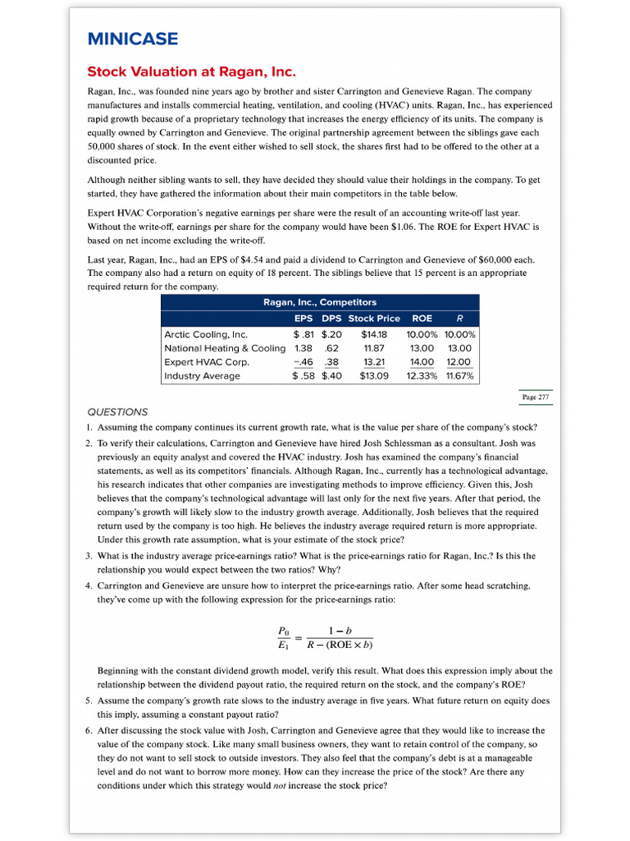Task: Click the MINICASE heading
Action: pyautogui.click(x=132, y=39)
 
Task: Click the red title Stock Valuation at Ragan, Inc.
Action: pyautogui.click(x=191, y=71)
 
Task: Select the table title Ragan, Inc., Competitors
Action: pyautogui.click(x=319, y=302)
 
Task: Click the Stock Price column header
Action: pyautogui.click(x=374, y=318)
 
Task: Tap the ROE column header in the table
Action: pyautogui.click(x=422, y=318)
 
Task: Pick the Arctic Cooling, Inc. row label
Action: pyautogui.click(x=206, y=334)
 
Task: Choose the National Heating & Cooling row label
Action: pyautogui.click(x=225, y=348)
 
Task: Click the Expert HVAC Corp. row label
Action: pyautogui.click(x=207, y=361)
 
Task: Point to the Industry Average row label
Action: pyautogui.click(x=203, y=375)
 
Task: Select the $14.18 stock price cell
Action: pyautogui.click(x=374, y=334)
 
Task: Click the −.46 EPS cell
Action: pyautogui.click(x=304, y=361)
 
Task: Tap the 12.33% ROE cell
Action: pyautogui.click(x=422, y=375)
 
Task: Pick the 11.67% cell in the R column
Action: pyautogui.click(x=459, y=375)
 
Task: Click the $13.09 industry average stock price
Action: pyautogui.click(x=374, y=375)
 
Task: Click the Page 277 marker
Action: pyautogui.click(x=535, y=398)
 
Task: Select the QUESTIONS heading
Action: pyautogui.click(x=117, y=412)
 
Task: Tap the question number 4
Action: pyautogui.click(x=89, y=586)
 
